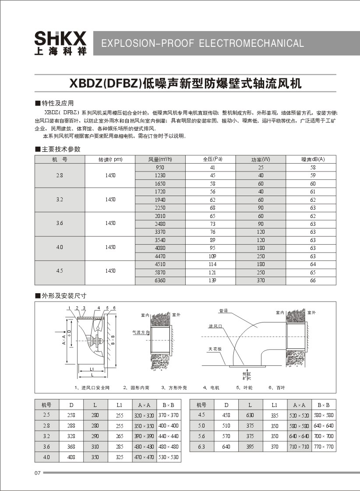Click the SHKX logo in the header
pos(60,43)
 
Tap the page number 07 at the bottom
pos(37,473)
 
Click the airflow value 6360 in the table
pos(160,280)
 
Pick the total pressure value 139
pos(212,280)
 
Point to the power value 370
pos(261,280)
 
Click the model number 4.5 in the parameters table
pos(60,270)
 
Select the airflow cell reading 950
pos(160,168)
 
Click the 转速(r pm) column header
pos(110,159)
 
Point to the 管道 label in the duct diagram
pos(224,311)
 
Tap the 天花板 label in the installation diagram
pos(215,349)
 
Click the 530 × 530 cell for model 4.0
pos(168,457)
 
